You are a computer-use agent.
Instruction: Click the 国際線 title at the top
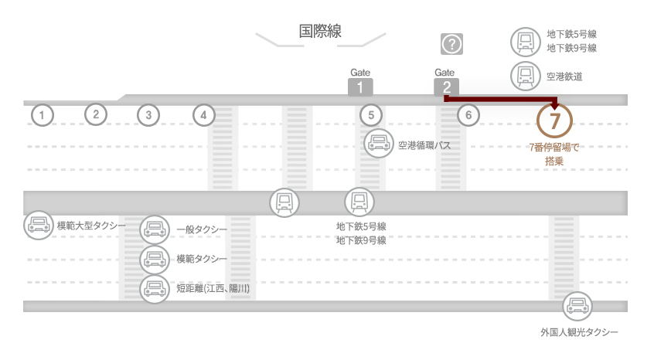320,31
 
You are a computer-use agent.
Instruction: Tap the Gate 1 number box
360,87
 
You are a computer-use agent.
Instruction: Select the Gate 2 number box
446,87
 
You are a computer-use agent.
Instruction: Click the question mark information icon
451,44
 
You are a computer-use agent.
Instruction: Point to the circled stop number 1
42,115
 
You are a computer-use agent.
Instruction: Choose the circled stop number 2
96,114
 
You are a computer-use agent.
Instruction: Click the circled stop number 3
148,115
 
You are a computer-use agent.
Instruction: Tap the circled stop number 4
203,115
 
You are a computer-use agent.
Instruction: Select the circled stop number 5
371,115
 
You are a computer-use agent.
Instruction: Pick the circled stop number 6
468,115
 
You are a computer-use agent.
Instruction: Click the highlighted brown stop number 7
554,121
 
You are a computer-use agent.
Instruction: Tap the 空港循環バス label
424,145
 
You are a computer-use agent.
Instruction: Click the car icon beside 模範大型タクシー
39,225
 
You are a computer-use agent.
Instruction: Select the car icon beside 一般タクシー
155,229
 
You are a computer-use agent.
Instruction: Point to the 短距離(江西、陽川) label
213,288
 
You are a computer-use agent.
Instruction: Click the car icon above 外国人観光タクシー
577,306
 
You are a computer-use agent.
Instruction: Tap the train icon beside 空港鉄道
526,76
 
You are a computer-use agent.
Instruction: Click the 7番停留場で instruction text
554,148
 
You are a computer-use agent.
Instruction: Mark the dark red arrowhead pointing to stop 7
554,104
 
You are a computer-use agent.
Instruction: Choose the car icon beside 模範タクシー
155,259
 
